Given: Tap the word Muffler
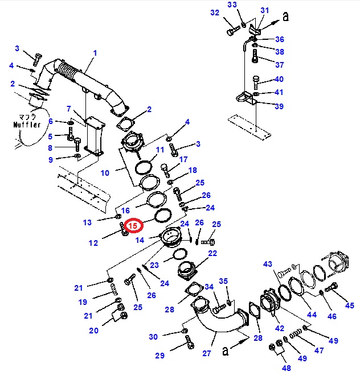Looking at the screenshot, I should click(27, 125).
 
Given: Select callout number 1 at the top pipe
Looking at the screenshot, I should click(95, 53).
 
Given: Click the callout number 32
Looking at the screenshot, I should click(214, 13).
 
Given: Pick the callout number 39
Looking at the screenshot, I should click(279, 106).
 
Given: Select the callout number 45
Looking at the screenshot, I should click(349, 306).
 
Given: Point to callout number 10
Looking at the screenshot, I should click(105, 172).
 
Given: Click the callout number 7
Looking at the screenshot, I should click(68, 109).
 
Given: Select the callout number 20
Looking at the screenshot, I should click(93, 331).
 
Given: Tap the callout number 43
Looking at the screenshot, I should click(268, 265).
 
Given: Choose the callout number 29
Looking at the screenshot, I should click(159, 356).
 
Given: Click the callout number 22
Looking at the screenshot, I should click(212, 253).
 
